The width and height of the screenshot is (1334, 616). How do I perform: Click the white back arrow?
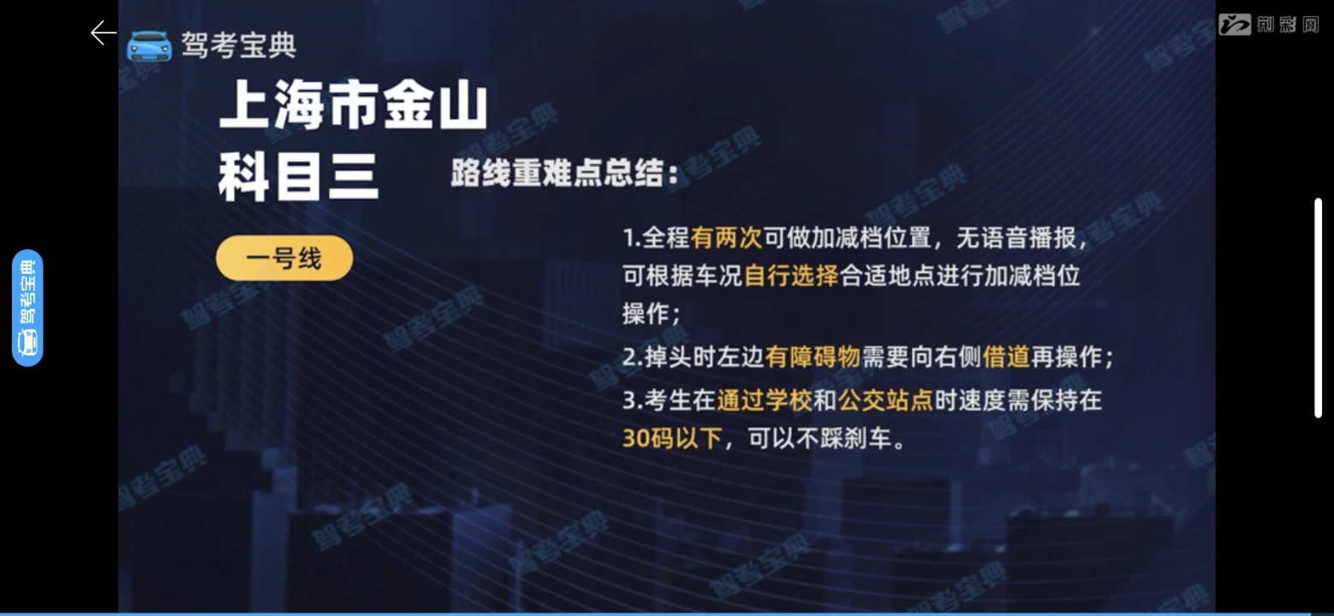(103, 33)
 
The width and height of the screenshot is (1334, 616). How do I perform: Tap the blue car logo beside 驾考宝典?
(150, 46)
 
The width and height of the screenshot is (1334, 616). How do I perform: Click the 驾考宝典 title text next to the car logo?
(239, 45)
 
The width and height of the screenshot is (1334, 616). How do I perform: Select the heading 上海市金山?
(354, 106)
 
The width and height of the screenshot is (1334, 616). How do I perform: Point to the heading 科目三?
(298, 176)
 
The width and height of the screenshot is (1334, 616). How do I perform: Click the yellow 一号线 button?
(284, 258)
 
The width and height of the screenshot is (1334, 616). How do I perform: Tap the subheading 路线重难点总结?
(557, 174)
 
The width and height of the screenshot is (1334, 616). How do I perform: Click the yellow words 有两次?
(727, 238)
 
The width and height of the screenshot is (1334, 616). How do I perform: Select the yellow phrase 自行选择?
(791, 275)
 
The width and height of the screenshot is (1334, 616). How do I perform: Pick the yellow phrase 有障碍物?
(813, 357)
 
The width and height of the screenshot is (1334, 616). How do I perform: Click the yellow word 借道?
(1006, 357)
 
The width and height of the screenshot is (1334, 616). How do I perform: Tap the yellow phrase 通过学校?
(765, 400)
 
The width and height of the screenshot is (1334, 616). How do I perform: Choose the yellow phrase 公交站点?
(885, 400)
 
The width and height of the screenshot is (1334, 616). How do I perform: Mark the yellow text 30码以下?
(672, 439)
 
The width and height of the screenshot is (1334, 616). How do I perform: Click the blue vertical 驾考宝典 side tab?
(27, 308)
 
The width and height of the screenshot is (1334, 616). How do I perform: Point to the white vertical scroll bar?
(1318, 308)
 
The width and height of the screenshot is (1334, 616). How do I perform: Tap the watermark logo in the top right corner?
(1268, 25)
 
